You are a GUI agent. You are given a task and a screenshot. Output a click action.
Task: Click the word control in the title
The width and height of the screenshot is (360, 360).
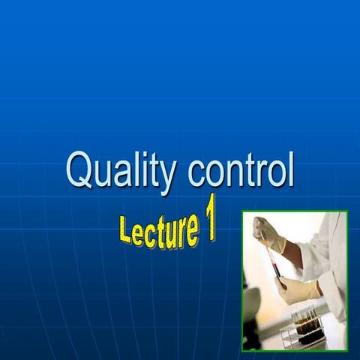(x=241, y=171)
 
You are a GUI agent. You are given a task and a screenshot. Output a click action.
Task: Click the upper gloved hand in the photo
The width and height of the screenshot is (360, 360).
(x=268, y=233)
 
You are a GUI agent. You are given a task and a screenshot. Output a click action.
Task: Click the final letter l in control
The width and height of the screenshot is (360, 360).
(x=290, y=169)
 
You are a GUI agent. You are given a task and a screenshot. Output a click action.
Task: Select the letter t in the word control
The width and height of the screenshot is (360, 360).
(x=249, y=171)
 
